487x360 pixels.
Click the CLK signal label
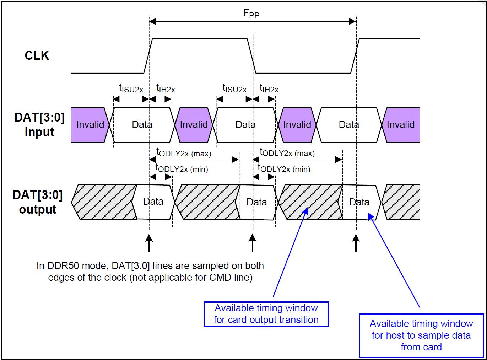point(37,56)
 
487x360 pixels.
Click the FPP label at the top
point(251,14)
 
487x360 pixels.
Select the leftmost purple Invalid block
point(90,125)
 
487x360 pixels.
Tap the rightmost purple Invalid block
point(401,125)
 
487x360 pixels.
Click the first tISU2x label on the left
point(131,88)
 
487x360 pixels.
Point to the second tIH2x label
point(269,88)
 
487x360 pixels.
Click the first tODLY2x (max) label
point(184,153)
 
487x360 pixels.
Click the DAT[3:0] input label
point(39,124)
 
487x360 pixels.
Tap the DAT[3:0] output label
point(38,202)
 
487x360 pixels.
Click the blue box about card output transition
point(266,314)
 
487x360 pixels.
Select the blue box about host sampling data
point(421,335)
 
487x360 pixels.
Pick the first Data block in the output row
point(153,202)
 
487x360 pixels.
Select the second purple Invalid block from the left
point(194,125)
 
